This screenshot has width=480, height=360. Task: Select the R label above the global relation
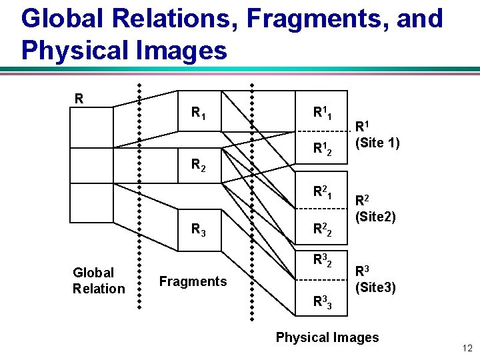(79, 99)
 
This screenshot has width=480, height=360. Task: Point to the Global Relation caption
(98, 281)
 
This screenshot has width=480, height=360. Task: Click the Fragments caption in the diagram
(193, 281)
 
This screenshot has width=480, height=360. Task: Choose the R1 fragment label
(198, 113)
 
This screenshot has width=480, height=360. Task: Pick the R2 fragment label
(198, 164)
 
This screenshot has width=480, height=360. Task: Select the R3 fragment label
(198, 230)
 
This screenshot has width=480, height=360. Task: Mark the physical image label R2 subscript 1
(323, 193)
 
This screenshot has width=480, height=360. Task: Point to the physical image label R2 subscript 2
(323, 231)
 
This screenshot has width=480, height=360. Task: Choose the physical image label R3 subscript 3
(323, 303)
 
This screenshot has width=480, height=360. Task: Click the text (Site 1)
(377, 142)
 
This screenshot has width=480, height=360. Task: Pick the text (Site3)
(375, 288)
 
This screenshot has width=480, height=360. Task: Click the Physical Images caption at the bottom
(327, 337)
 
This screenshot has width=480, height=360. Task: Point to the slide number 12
(466, 348)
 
